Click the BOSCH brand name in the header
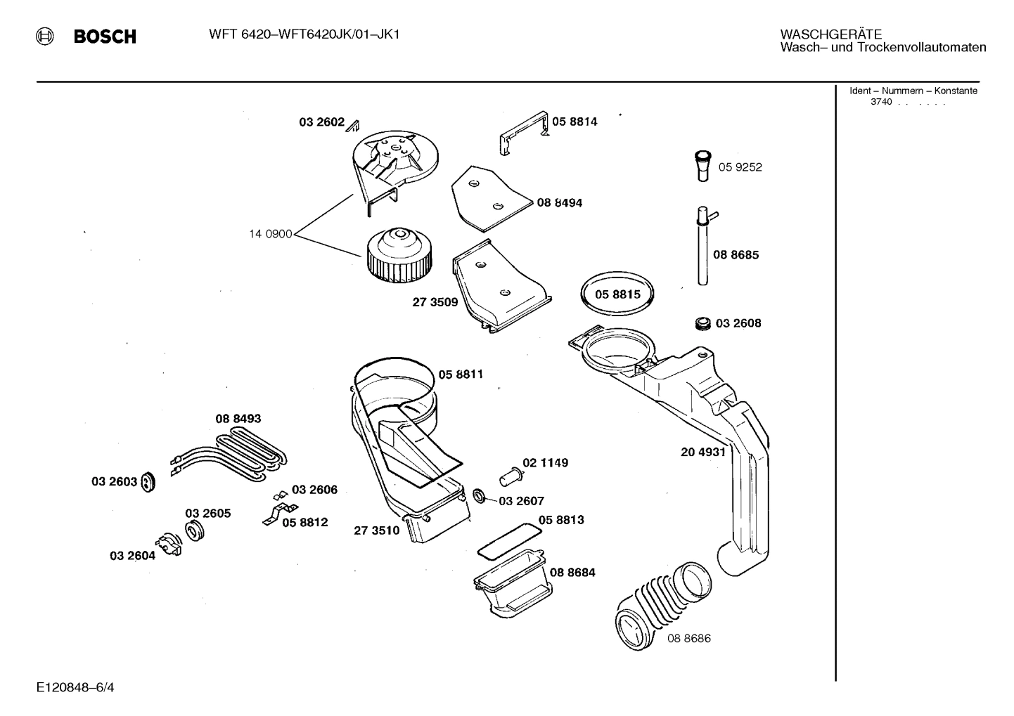tap(105, 37)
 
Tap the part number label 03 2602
tap(321, 122)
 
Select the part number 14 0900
tap(270, 234)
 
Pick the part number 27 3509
tap(435, 302)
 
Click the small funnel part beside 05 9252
tap(703, 166)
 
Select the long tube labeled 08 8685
tap(703, 247)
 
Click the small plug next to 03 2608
tap(702, 323)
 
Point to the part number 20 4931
tap(702, 452)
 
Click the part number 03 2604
tap(132, 556)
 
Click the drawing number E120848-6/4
tap(75, 686)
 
